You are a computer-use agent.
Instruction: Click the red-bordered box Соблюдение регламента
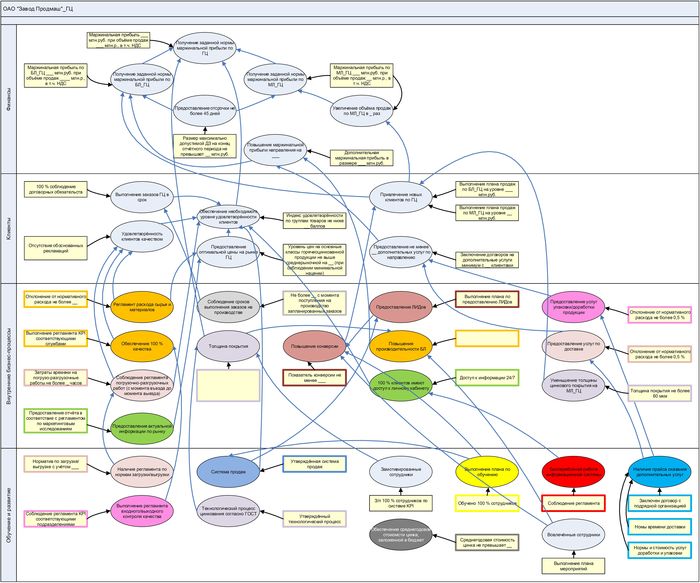pyautogui.click(x=574, y=502)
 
